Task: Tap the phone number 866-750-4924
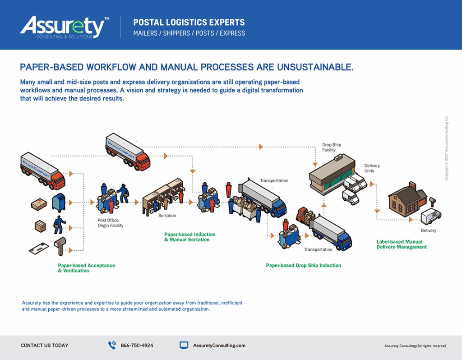[x=137, y=346]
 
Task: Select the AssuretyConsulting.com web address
[x=219, y=346]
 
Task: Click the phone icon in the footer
[x=112, y=346]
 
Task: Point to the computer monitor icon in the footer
[x=184, y=346]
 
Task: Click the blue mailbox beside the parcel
[x=58, y=203]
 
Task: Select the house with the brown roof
[x=406, y=199]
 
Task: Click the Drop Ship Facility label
[x=332, y=148]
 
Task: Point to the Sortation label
[x=167, y=216]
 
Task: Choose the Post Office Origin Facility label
[x=111, y=223]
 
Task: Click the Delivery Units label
[x=372, y=168]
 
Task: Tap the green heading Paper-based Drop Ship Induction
[x=303, y=265]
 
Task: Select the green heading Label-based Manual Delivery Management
[x=402, y=244]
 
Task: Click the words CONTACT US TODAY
[x=45, y=346]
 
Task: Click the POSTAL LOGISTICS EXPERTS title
[x=189, y=23]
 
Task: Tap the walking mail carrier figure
[x=58, y=224]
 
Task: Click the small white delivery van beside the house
[x=431, y=217]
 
